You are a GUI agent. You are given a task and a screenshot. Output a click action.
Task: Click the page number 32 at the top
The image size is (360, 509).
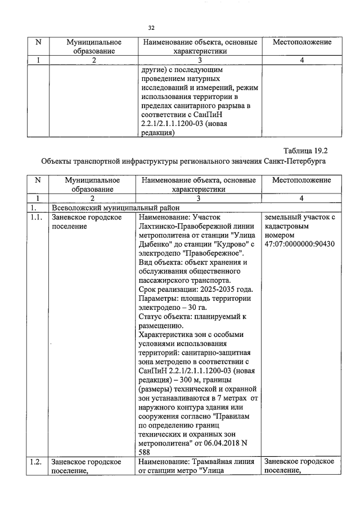click(151, 28)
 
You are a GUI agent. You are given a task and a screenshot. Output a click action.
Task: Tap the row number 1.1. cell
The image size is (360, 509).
click(35, 217)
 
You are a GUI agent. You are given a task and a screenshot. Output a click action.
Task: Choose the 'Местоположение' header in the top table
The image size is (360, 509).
click(301, 43)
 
